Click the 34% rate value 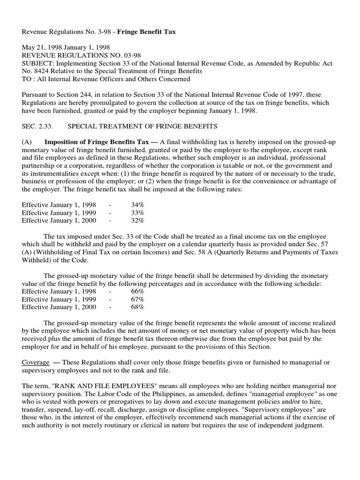point(138,205)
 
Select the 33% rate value point(138,212)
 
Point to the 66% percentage point(138,292)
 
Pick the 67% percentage point(138,299)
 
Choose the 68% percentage point(138,307)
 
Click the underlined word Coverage point(36,363)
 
